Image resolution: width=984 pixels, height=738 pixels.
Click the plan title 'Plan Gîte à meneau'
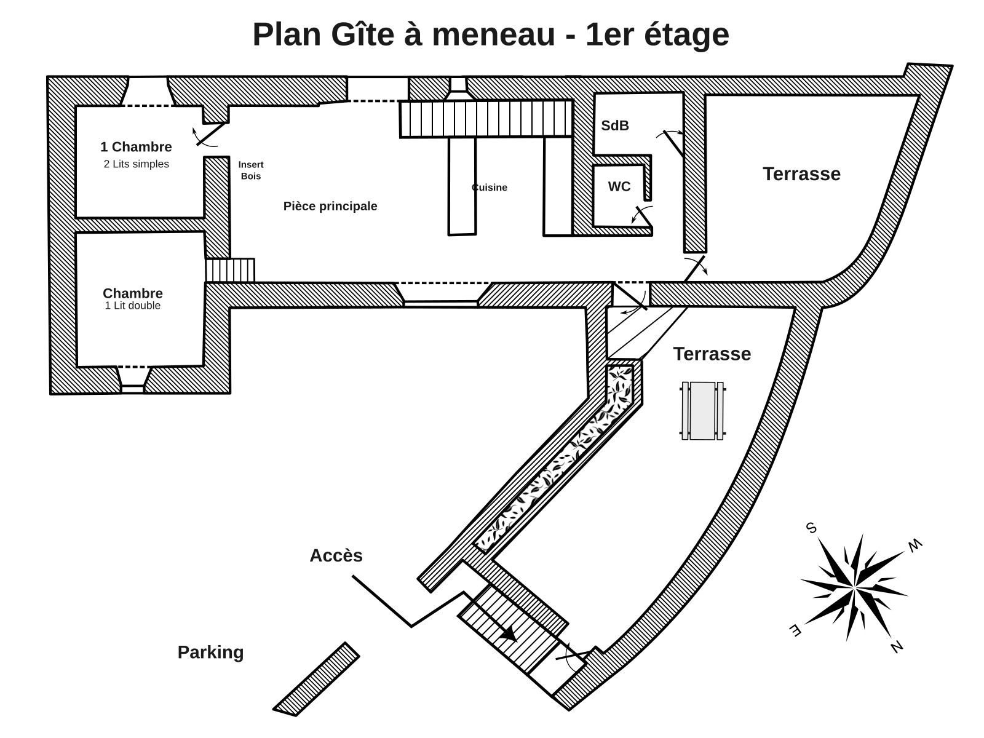coord(490,34)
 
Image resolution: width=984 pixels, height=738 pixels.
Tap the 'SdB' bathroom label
coord(615,126)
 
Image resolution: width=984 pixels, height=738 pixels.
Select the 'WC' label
coord(619,187)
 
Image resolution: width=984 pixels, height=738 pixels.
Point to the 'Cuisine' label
coord(490,188)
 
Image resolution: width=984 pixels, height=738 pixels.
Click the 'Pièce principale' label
coord(330,207)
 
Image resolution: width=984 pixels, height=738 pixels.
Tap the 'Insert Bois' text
coord(251,170)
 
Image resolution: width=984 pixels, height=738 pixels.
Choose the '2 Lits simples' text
coord(136,164)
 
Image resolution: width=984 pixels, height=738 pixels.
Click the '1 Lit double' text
coord(132,306)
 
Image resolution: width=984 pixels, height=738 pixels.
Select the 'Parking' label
coord(210,652)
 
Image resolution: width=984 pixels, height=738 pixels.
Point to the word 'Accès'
coord(336,555)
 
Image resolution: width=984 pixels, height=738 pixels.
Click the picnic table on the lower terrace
coord(702,411)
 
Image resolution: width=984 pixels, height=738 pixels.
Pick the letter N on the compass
coord(896,646)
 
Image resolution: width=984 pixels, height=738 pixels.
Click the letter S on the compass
coord(811,528)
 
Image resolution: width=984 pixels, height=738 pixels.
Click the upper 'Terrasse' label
coord(801,174)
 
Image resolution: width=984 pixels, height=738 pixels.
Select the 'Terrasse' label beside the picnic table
coord(712,354)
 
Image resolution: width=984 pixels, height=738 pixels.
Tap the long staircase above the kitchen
coord(486,119)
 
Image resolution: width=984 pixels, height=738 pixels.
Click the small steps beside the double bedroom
coord(230,270)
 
